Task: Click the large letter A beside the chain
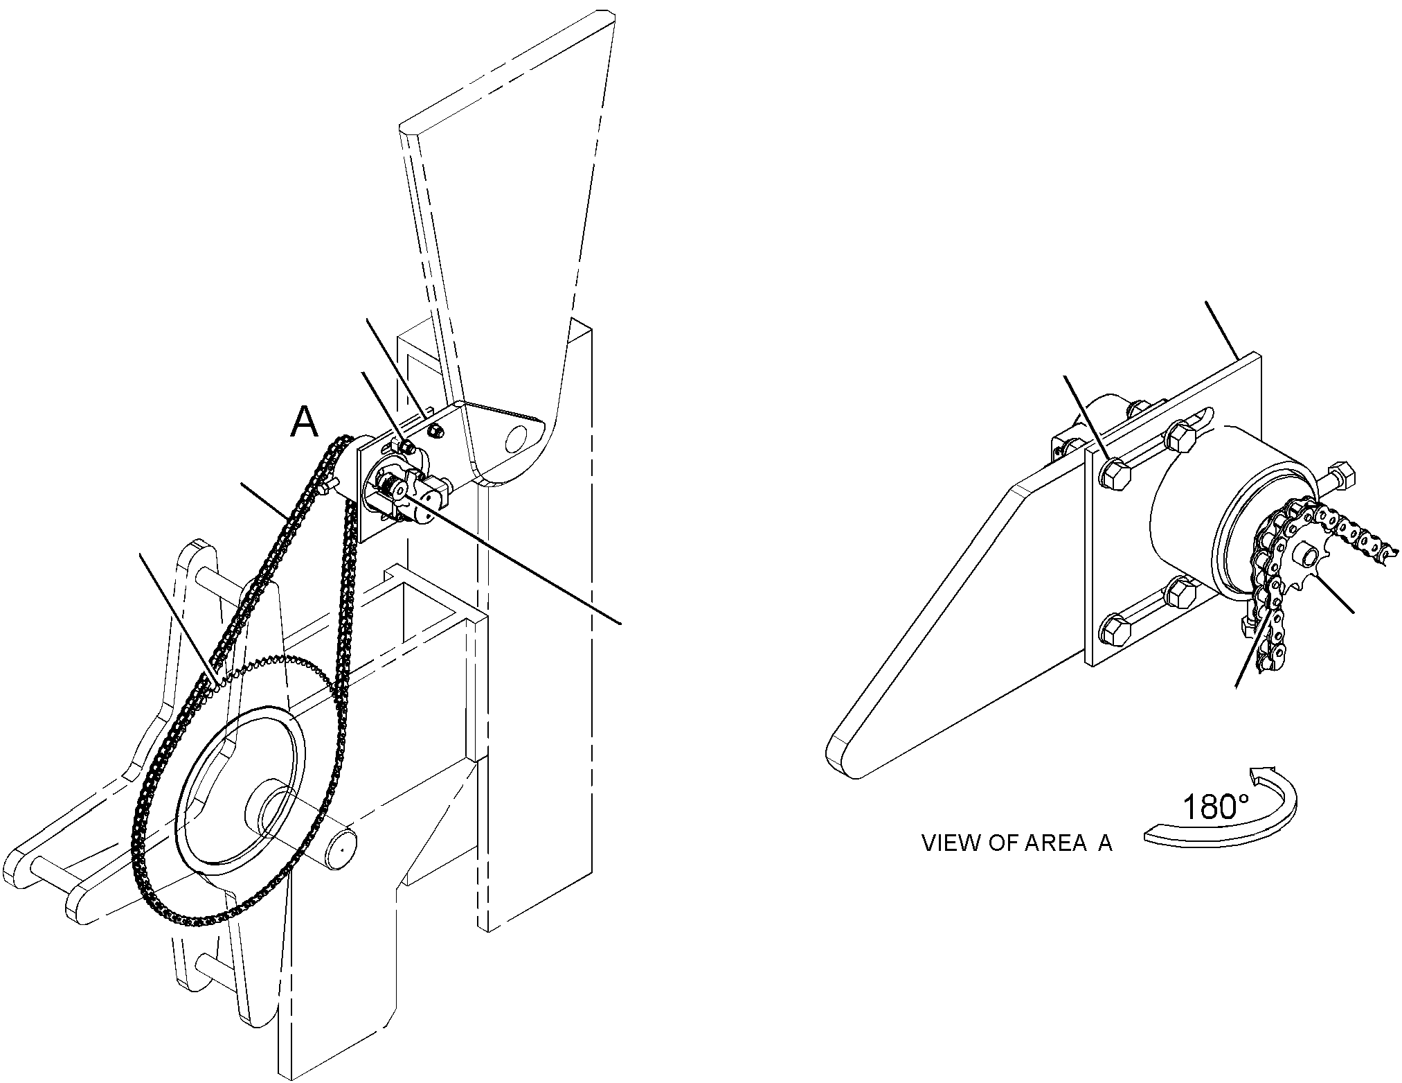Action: pyautogui.click(x=305, y=422)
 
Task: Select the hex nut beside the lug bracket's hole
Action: pyautogui.click(x=435, y=432)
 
